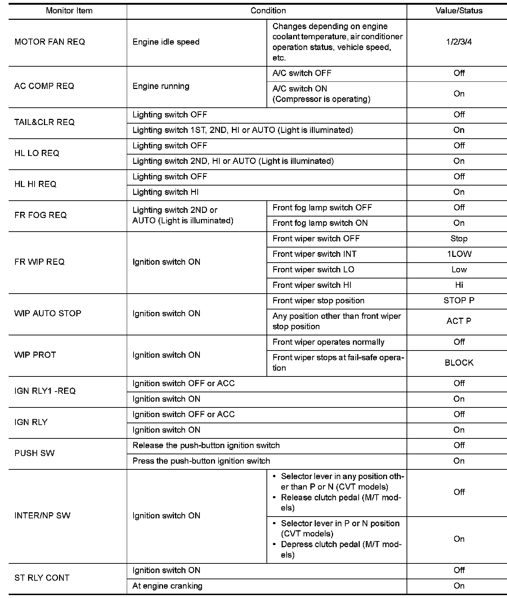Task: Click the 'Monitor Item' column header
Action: click(x=69, y=11)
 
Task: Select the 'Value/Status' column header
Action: click(x=459, y=11)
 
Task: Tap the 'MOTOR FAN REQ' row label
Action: click(x=50, y=42)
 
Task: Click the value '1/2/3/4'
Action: click(x=459, y=42)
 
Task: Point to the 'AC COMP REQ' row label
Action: click(x=44, y=86)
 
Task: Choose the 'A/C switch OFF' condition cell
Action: click(x=302, y=73)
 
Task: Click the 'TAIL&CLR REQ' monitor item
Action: click(x=45, y=122)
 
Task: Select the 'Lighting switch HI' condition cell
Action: click(x=165, y=192)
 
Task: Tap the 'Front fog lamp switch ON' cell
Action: click(x=320, y=223)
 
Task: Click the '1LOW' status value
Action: click(x=459, y=254)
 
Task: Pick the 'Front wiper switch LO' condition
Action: click(x=313, y=269)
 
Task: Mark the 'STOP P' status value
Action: click(x=459, y=300)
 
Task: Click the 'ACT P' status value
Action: click(x=459, y=321)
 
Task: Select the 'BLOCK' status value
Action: click(x=459, y=363)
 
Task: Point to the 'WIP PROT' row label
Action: click(x=35, y=355)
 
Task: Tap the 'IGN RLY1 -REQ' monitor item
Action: click(x=45, y=391)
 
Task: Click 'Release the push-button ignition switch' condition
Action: click(x=206, y=445)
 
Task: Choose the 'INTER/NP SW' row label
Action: click(x=42, y=516)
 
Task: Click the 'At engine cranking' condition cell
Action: click(x=167, y=586)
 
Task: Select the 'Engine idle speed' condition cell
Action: click(x=166, y=42)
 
